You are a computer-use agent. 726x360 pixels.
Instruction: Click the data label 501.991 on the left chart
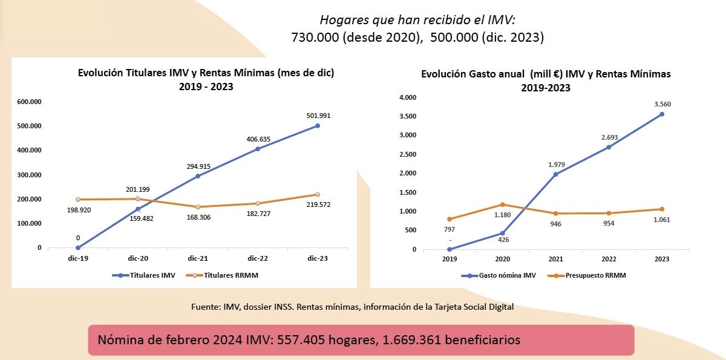(x=318, y=115)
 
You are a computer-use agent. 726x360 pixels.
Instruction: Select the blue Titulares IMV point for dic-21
(x=198, y=176)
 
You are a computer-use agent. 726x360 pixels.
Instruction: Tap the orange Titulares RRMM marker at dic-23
(x=317, y=194)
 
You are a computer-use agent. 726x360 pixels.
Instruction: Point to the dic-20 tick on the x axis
(x=138, y=258)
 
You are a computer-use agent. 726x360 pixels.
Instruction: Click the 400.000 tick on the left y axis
(x=29, y=150)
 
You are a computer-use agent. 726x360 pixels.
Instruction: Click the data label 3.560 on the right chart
(x=662, y=104)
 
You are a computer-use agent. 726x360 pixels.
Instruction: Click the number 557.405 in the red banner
(x=299, y=339)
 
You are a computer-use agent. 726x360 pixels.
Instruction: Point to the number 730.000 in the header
(x=315, y=38)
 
